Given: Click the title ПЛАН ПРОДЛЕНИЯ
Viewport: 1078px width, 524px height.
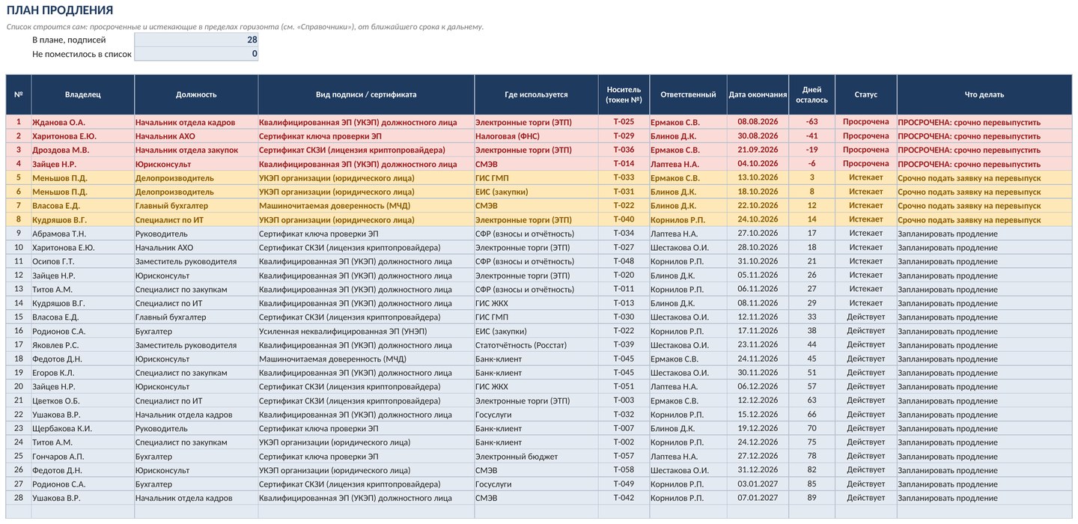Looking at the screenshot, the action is tap(60, 10).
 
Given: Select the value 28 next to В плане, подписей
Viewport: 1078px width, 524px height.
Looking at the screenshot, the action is tap(252, 40).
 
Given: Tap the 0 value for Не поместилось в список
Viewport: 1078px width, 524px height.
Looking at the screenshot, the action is tap(255, 53).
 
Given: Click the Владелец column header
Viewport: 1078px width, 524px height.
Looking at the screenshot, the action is tap(83, 94).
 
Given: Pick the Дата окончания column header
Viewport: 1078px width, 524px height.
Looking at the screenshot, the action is tap(758, 94).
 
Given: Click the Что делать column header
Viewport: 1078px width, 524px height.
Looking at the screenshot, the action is tap(984, 94).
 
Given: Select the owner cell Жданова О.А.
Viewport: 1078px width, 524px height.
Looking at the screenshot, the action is tap(58, 122).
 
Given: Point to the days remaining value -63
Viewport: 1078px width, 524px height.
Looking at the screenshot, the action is tap(811, 122).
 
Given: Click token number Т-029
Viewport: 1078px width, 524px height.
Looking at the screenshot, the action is tap(624, 135).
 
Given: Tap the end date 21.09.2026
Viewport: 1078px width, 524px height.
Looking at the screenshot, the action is tap(758, 150).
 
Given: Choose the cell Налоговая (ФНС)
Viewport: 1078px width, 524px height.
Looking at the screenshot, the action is tap(508, 136).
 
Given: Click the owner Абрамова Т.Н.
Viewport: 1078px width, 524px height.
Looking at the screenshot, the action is tap(59, 234).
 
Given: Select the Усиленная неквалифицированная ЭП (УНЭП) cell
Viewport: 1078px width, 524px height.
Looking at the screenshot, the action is tap(343, 331).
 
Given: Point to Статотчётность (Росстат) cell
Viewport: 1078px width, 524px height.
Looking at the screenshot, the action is tap(521, 345).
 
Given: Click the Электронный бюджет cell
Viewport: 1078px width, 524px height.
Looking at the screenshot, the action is tap(517, 456).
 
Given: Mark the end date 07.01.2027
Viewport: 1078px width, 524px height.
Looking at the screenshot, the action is tap(758, 498).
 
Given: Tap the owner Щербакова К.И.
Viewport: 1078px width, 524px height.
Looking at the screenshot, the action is tap(62, 428).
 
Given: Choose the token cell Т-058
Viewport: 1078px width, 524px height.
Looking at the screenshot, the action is tap(624, 469).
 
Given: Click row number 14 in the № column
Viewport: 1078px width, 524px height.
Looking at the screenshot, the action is tap(18, 303).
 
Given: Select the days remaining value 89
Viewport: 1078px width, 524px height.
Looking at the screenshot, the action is tap(811, 498).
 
